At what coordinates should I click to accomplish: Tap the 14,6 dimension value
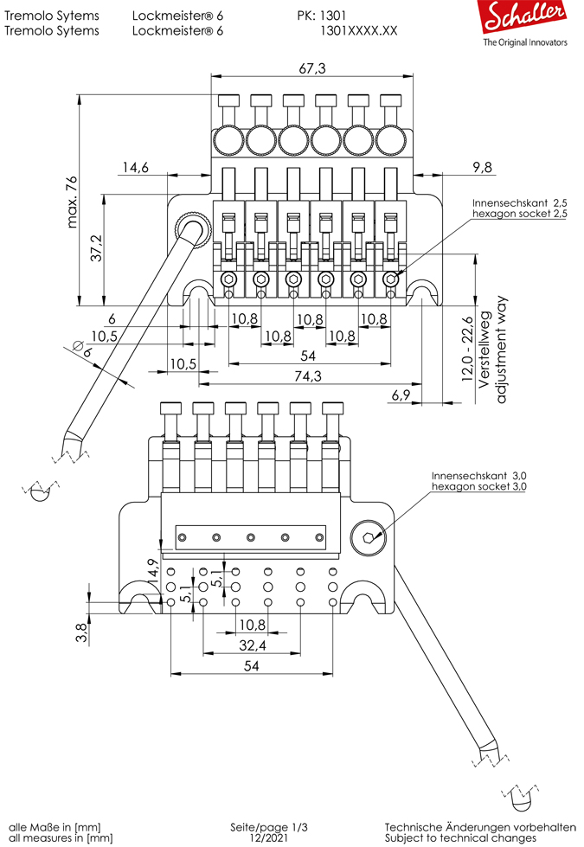click(135, 168)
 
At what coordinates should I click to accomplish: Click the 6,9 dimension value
click(401, 395)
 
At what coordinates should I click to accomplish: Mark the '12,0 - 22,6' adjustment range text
click(468, 350)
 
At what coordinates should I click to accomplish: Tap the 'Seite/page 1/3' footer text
click(267, 827)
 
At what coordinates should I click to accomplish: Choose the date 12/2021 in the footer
click(267, 837)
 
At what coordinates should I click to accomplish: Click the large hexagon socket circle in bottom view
click(369, 538)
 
